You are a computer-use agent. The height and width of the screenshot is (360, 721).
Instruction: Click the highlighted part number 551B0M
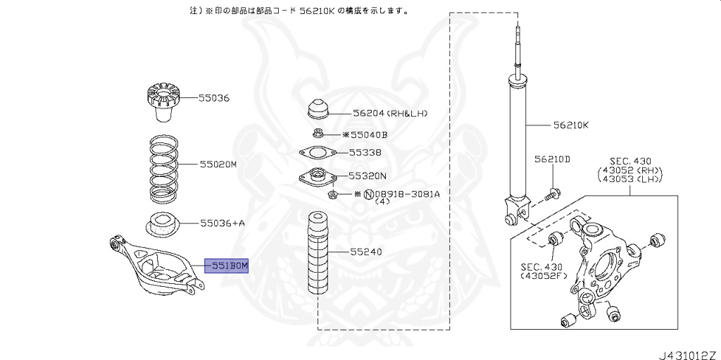pyautogui.click(x=227, y=266)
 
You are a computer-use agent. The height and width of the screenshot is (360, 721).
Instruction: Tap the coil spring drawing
pyautogui.click(x=163, y=167)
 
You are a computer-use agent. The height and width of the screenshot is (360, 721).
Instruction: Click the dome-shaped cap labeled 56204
pyautogui.click(x=319, y=111)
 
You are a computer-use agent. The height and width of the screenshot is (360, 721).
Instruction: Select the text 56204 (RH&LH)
pyautogui.click(x=390, y=113)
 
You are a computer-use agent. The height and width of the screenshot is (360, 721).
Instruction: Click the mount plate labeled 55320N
pyautogui.click(x=317, y=178)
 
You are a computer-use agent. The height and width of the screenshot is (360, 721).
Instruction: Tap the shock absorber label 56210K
pyautogui.click(x=570, y=125)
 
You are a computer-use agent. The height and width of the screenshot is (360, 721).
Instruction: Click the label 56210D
pyautogui.click(x=552, y=159)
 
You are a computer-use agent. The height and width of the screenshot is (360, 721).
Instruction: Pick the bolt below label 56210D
pyautogui.click(x=552, y=192)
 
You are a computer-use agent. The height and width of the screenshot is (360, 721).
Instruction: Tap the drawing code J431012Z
pyautogui.click(x=687, y=352)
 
